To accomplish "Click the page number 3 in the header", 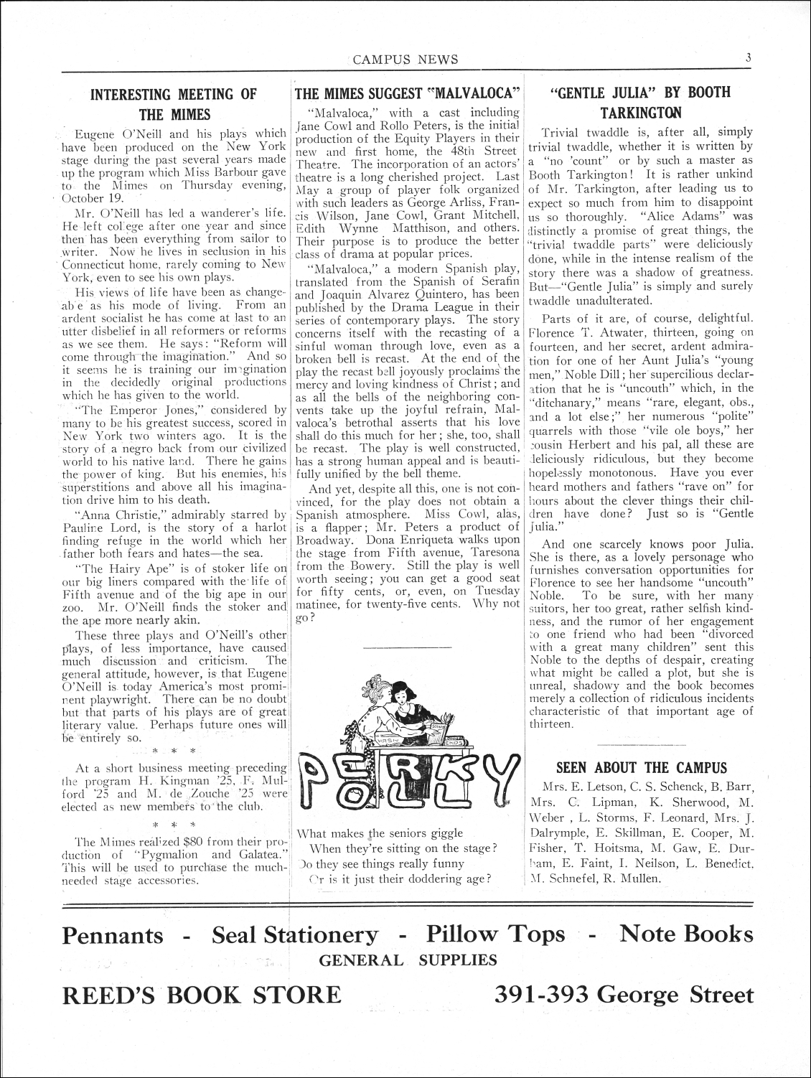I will (748, 59).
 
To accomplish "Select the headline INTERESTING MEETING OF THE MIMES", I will (175, 104).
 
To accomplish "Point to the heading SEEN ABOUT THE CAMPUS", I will (642, 768).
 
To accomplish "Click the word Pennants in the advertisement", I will (113, 935).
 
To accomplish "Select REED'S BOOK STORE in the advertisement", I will (202, 995).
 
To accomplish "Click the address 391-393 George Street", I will (624, 995).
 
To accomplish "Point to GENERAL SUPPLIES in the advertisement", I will (408, 960).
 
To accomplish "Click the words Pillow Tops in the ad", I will (495, 934).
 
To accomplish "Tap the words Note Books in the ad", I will (686, 934).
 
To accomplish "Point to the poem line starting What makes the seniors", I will (380, 833).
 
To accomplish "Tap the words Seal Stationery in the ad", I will (295, 935).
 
